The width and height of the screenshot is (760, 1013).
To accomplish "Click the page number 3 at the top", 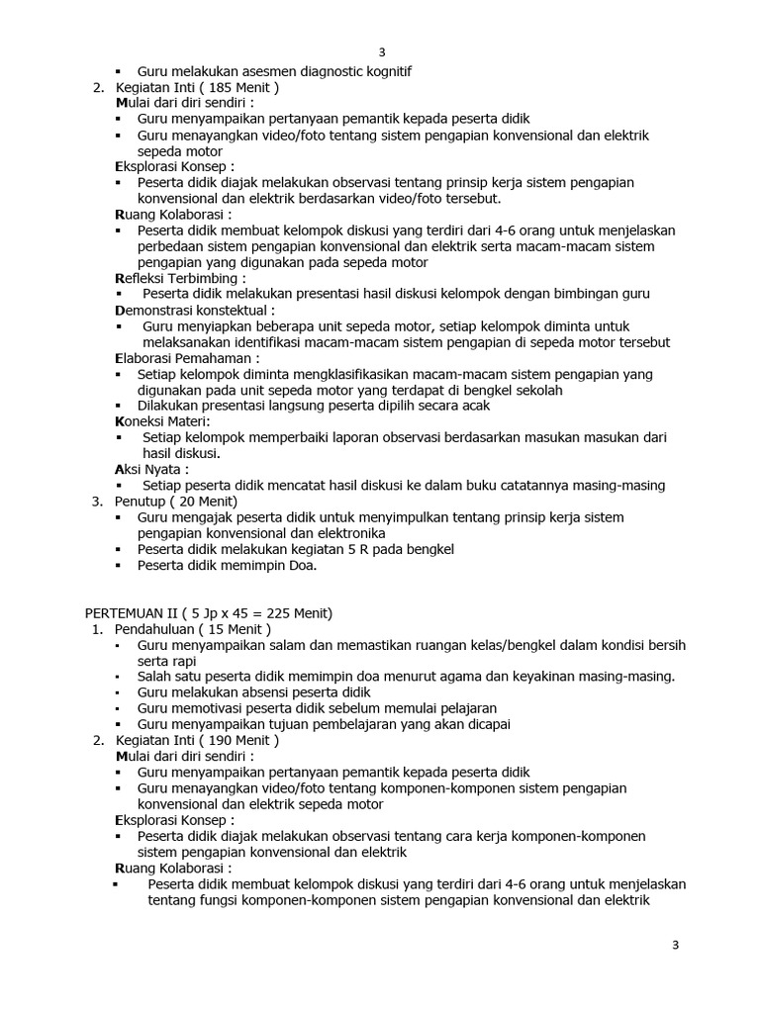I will pyautogui.click(x=381, y=53).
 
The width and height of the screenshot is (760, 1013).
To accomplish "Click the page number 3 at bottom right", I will pyautogui.click(x=675, y=946).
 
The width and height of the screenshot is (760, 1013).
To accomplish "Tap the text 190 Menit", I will pyautogui.click(x=237, y=740).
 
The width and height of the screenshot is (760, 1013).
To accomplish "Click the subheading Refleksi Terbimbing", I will pyautogui.click(x=181, y=278).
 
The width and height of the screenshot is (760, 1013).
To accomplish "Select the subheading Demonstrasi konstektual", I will pyautogui.click(x=195, y=310).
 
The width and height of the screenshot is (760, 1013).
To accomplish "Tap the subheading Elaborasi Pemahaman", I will pyautogui.click(x=188, y=358).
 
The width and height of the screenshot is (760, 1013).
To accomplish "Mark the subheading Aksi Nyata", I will pyautogui.click(x=151, y=469).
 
